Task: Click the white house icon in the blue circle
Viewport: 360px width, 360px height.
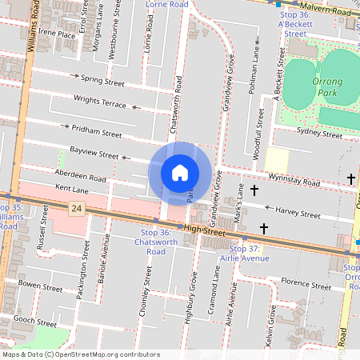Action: (180, 173)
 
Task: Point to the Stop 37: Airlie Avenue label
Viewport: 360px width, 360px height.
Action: (244, 254)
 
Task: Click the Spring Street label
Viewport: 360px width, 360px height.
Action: (103, 82)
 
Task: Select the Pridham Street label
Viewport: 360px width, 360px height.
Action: (96, 130)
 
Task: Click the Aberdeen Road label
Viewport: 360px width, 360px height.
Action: (80, 175)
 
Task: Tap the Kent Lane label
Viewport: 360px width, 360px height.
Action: (72, 190)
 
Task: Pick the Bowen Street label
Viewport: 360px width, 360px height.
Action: (40, 285)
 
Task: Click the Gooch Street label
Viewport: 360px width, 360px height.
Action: (34, 318)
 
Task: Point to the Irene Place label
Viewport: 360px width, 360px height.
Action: (56, 34)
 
